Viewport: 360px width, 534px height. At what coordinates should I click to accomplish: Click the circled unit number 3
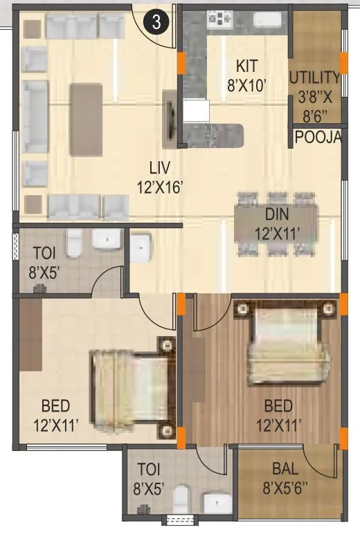tap(156, 21)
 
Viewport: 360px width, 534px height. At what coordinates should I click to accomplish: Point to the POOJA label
tap(318, 137)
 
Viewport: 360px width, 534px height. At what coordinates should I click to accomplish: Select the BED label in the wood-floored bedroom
tap(278, 414)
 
